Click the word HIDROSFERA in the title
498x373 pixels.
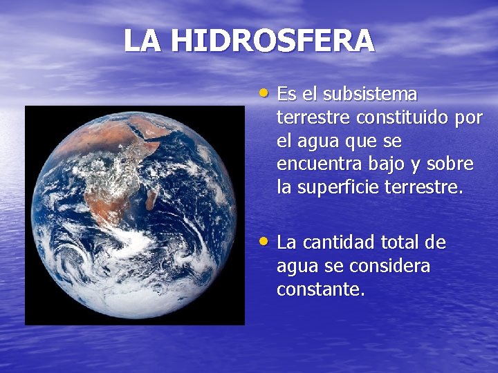coord(273,41)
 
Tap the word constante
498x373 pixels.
coord(320,289)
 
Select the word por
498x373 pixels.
coord(468,117)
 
